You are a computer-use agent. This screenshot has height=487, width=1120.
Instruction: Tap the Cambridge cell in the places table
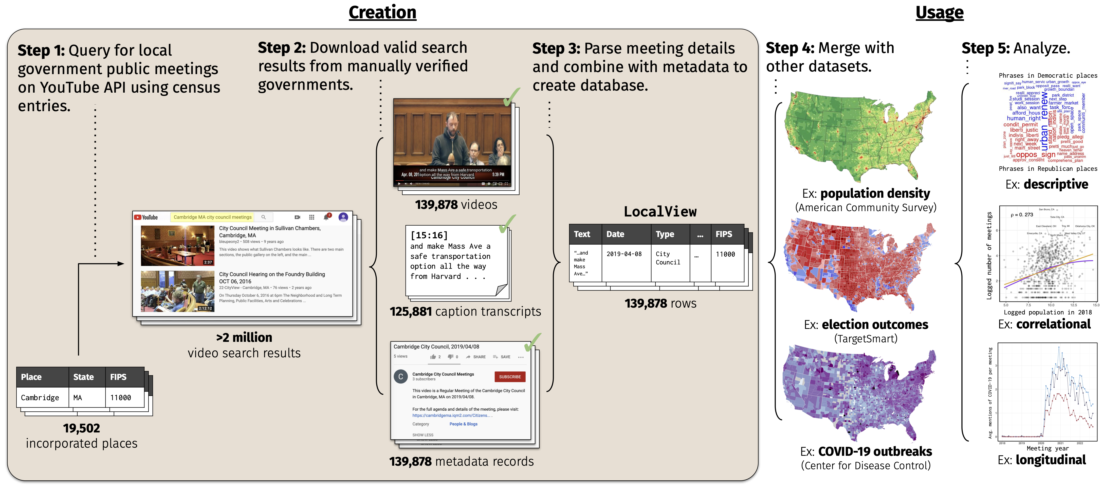tap(40, 397)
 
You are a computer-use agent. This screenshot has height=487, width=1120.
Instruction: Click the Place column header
tap(31, 377)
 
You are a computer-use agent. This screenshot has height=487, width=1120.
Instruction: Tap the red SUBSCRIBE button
tap(510, 377)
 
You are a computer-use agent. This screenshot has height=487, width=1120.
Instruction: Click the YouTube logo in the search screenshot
tap(146, 217)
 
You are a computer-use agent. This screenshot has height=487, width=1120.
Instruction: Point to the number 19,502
tap(81, 428)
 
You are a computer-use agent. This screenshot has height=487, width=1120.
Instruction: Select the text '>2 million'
tap(244, 337)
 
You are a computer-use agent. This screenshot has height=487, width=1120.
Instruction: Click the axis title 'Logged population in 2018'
tap(1048, 312)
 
